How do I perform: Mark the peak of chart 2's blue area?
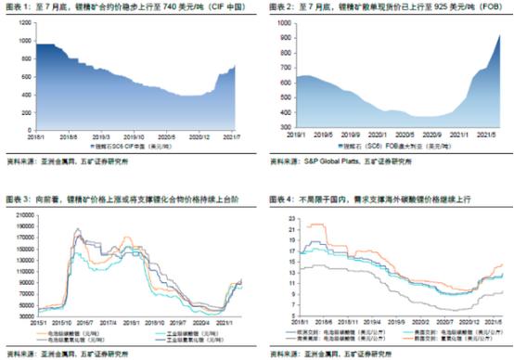click(499, 35)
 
